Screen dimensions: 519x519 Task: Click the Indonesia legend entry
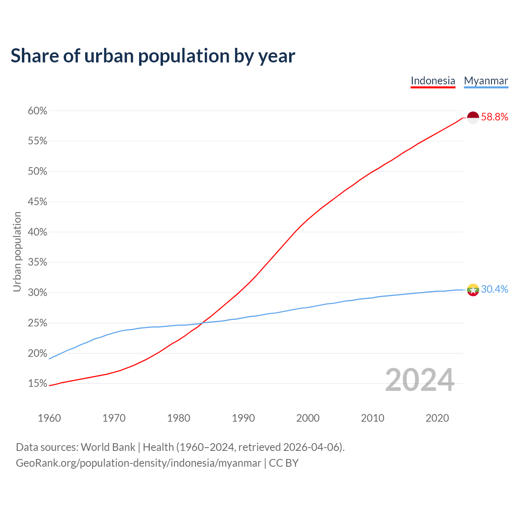click(x=433, y=81)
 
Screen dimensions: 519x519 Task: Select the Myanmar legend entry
click(x=486, y=81)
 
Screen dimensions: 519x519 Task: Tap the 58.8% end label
click(x=494, y=117)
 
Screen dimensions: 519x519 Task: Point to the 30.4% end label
click(x=494, y=290)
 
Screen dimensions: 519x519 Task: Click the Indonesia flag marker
click(x=473, y=118)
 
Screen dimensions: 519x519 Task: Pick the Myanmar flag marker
click(x=473, y=290)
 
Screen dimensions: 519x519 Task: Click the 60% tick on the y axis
click(x=38, y=111)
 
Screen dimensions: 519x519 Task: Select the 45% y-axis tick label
click(x=38, y=202)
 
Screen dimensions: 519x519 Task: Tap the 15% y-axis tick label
click(x=38, y=384)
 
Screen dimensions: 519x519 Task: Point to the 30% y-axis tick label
click(x=38, y=293)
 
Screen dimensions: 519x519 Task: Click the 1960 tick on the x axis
click(x=49, y=418)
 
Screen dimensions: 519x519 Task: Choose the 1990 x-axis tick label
click(x=243, y=418)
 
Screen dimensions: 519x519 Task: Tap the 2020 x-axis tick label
click(x=437, y=418)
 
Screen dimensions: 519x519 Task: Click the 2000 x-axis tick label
click(x=308, y=418)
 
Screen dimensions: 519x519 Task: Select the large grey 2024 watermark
click(x=420, y=380)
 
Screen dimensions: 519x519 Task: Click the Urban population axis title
click(x=17, y=252)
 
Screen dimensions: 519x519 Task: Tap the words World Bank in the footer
click(x=108, y=447)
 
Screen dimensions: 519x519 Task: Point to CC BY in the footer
click(x=284, y=463)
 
